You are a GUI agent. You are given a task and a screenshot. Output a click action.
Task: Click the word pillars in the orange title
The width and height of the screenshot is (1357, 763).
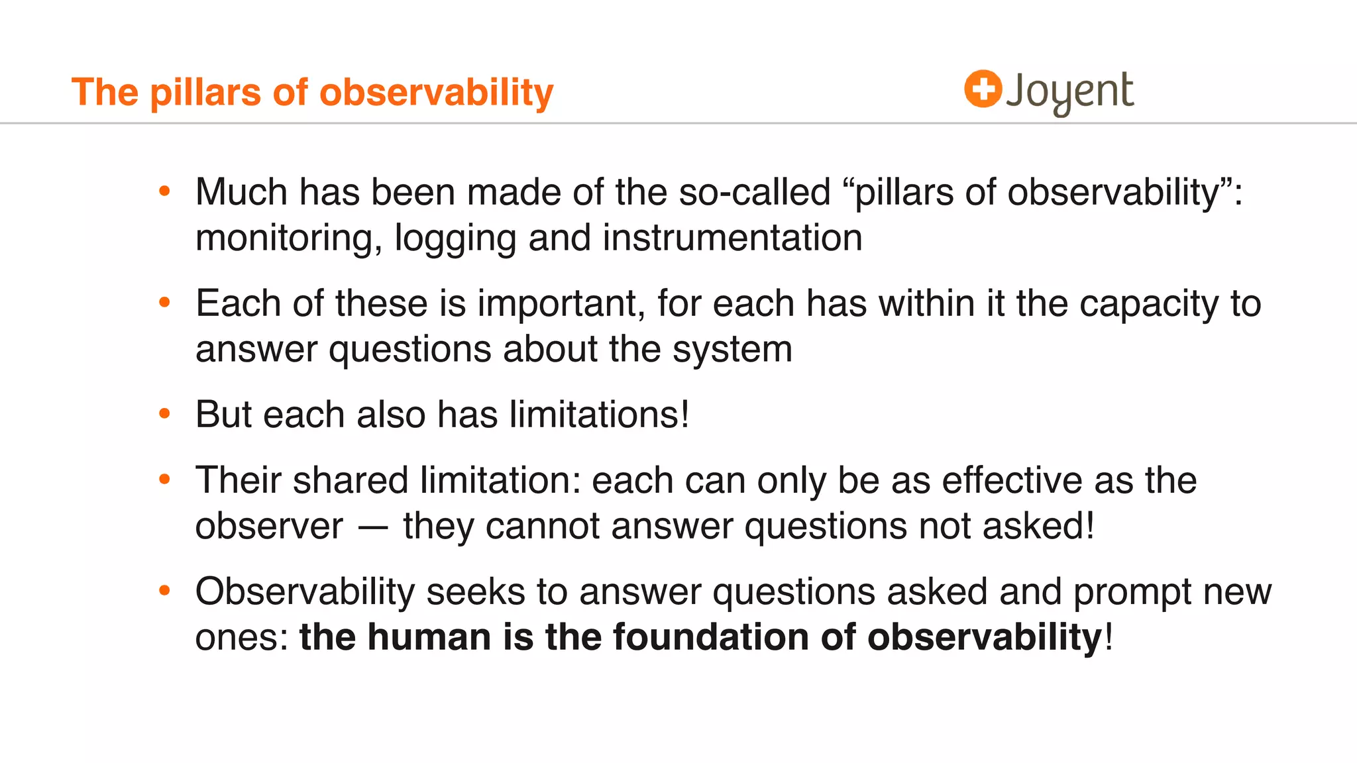205,92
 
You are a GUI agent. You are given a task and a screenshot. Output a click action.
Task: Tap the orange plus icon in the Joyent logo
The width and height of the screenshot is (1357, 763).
983,89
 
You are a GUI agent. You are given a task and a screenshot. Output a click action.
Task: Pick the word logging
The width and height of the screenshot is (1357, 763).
455,238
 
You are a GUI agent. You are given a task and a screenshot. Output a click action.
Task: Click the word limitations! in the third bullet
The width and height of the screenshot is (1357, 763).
600,415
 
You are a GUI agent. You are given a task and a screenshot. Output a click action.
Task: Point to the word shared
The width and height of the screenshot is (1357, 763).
351,480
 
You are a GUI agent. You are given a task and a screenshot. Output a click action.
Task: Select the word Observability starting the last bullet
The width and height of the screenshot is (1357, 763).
305,591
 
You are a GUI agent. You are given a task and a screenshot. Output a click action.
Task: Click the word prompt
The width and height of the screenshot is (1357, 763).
1132,592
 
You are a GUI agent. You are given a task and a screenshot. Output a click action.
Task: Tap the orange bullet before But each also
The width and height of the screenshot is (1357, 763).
165,415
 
